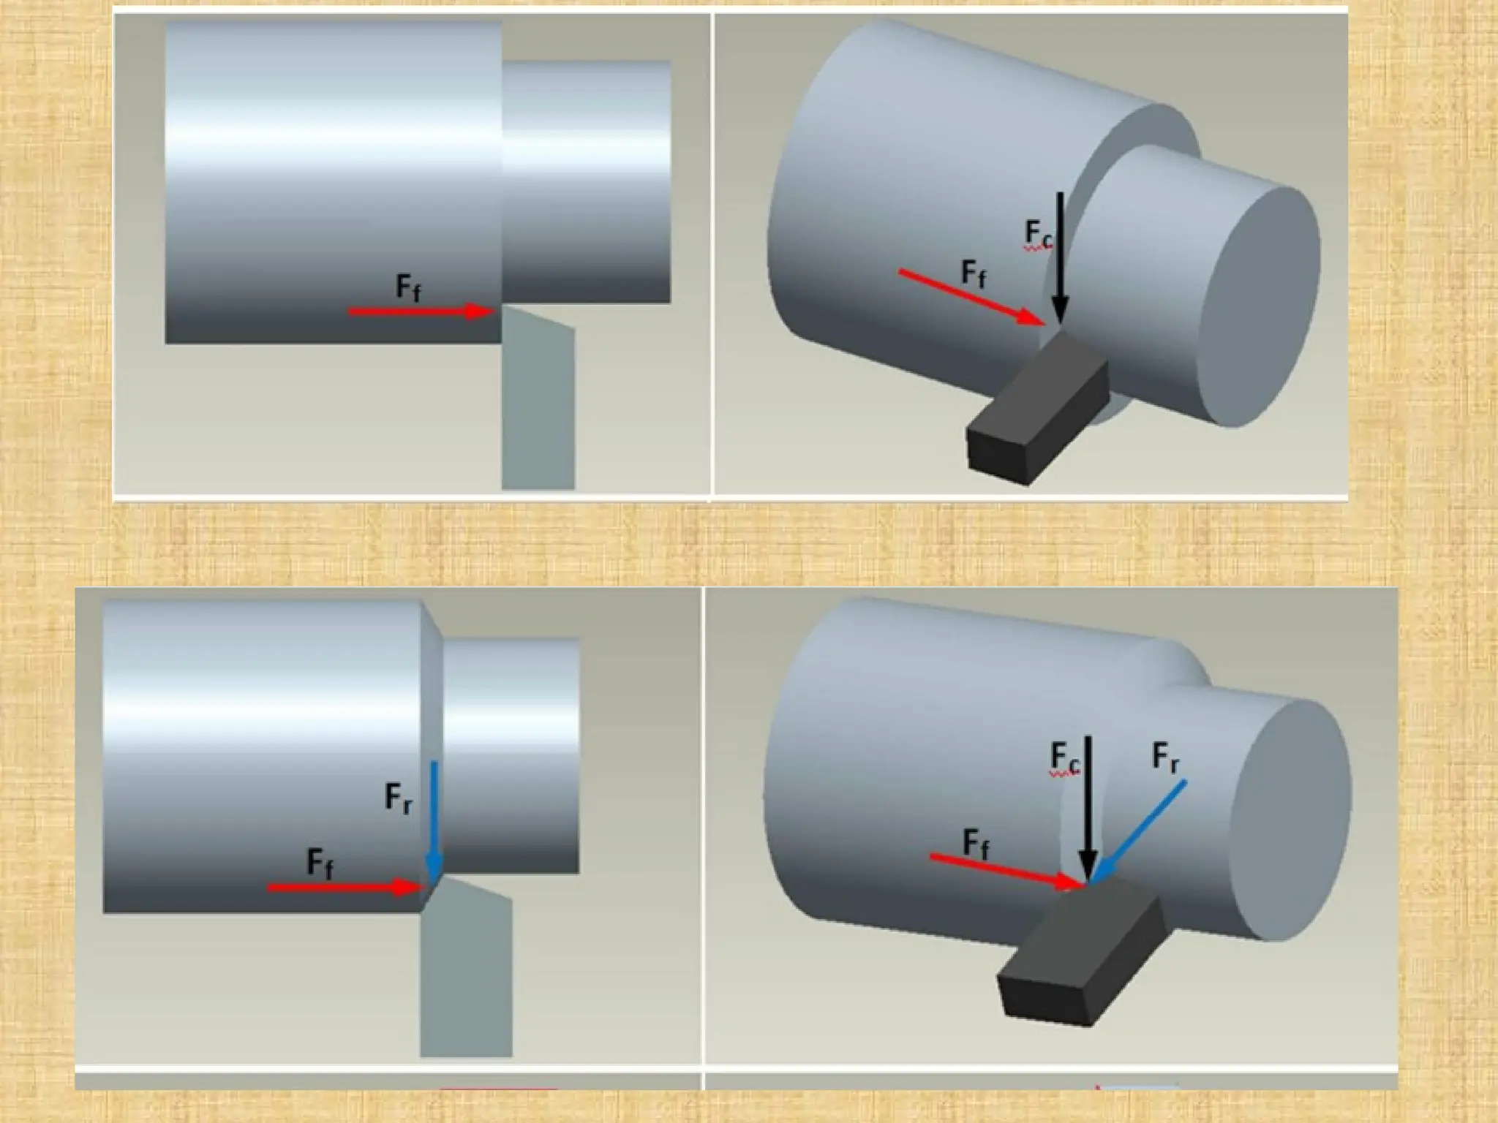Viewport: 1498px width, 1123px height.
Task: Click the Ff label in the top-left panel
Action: click(408, 287)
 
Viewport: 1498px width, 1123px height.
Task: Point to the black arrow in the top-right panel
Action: click(1060, 256)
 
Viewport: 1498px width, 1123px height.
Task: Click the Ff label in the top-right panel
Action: click(974, 273)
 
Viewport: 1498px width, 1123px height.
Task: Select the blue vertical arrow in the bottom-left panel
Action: click(434, 819)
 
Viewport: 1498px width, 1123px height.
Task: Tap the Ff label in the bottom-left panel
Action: click(320, 863)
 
